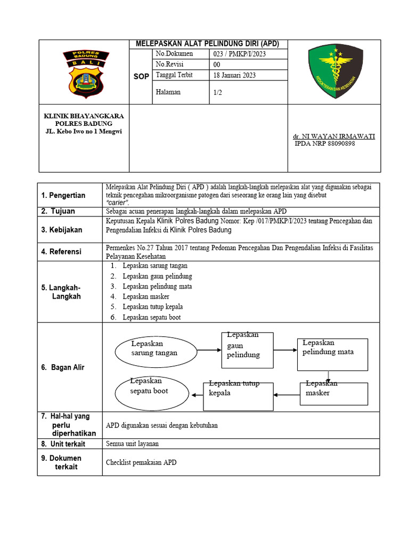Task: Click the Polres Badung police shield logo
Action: pyautogui.click(x=85, y=74)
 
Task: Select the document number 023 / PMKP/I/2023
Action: pyautogui.click(x=240, y=54)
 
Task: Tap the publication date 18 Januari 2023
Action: pyautogui.click(x=234, y=75)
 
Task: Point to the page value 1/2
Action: pyautogui.click(x=218, y=92)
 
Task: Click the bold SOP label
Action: pyautogui.click(x=141, y=77)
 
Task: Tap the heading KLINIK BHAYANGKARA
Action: pyautogui.click(x=84, y=116)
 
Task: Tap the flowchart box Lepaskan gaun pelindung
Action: pyautogui.click(x=247, y=350)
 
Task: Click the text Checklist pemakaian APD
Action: pyautogui.click(x=141, y=462)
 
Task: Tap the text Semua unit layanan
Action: pyautogui.click(x=132, y=444)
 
